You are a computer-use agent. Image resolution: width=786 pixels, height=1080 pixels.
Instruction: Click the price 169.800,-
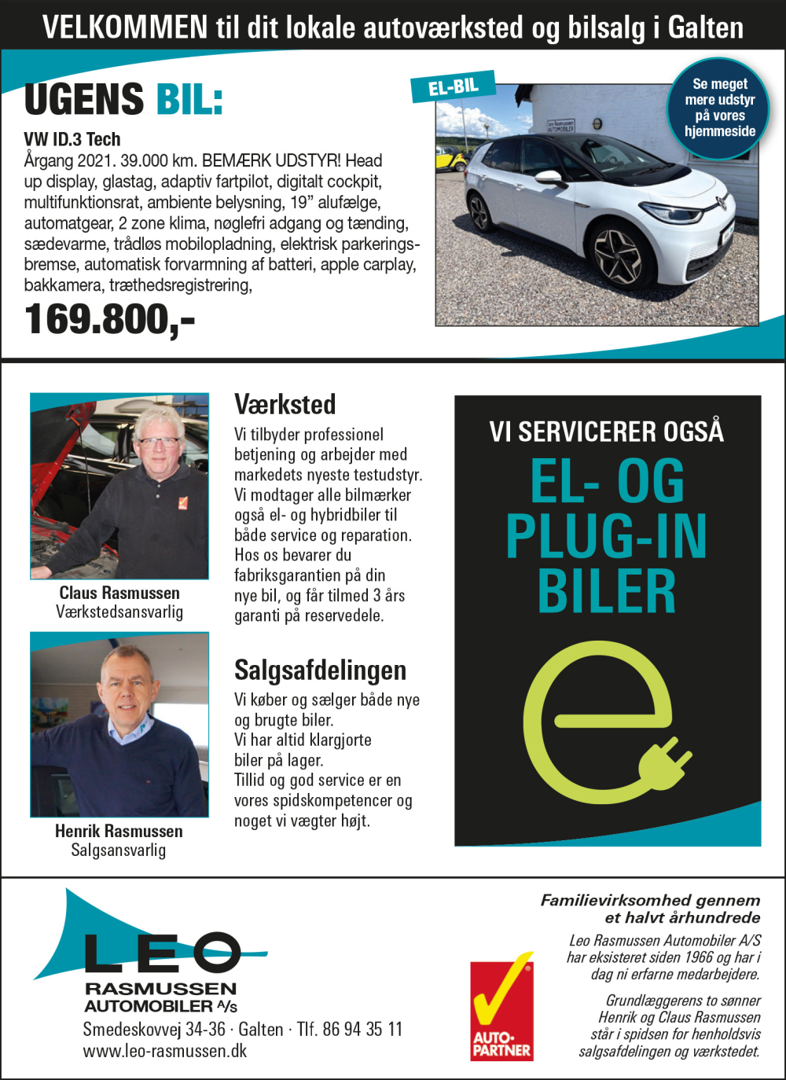coord(109,320)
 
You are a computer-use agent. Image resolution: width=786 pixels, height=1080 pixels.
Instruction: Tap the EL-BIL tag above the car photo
coord(454,86)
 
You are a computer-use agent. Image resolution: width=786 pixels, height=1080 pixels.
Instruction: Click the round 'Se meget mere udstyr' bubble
coord(719,108)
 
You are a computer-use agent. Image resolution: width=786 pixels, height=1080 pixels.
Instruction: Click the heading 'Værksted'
coord(285,405)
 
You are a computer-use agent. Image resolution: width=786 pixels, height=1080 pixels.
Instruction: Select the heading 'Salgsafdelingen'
coord(320,670)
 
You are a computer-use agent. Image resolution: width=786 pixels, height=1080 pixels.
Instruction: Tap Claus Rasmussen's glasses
coord(158,442)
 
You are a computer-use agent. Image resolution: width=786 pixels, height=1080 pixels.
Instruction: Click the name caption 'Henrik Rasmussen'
coord(119,831)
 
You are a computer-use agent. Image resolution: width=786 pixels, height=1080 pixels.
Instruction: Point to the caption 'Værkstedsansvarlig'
coord(119,612)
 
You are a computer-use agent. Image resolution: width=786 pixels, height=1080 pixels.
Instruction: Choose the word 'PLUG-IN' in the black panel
coord(606,537)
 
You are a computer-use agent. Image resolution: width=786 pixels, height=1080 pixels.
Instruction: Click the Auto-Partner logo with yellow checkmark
coord(501,1009)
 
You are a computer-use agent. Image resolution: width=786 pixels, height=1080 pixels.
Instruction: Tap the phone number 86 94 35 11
coord(362,1029)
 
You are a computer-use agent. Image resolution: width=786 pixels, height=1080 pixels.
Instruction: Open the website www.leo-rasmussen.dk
coord(165,1051)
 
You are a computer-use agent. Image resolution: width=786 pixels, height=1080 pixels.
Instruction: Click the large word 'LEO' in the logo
coord(161,953)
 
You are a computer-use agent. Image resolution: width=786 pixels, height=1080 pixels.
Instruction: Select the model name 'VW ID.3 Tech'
coord(72,140)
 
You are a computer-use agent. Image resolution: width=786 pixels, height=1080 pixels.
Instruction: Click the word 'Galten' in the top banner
coord(705,28)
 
